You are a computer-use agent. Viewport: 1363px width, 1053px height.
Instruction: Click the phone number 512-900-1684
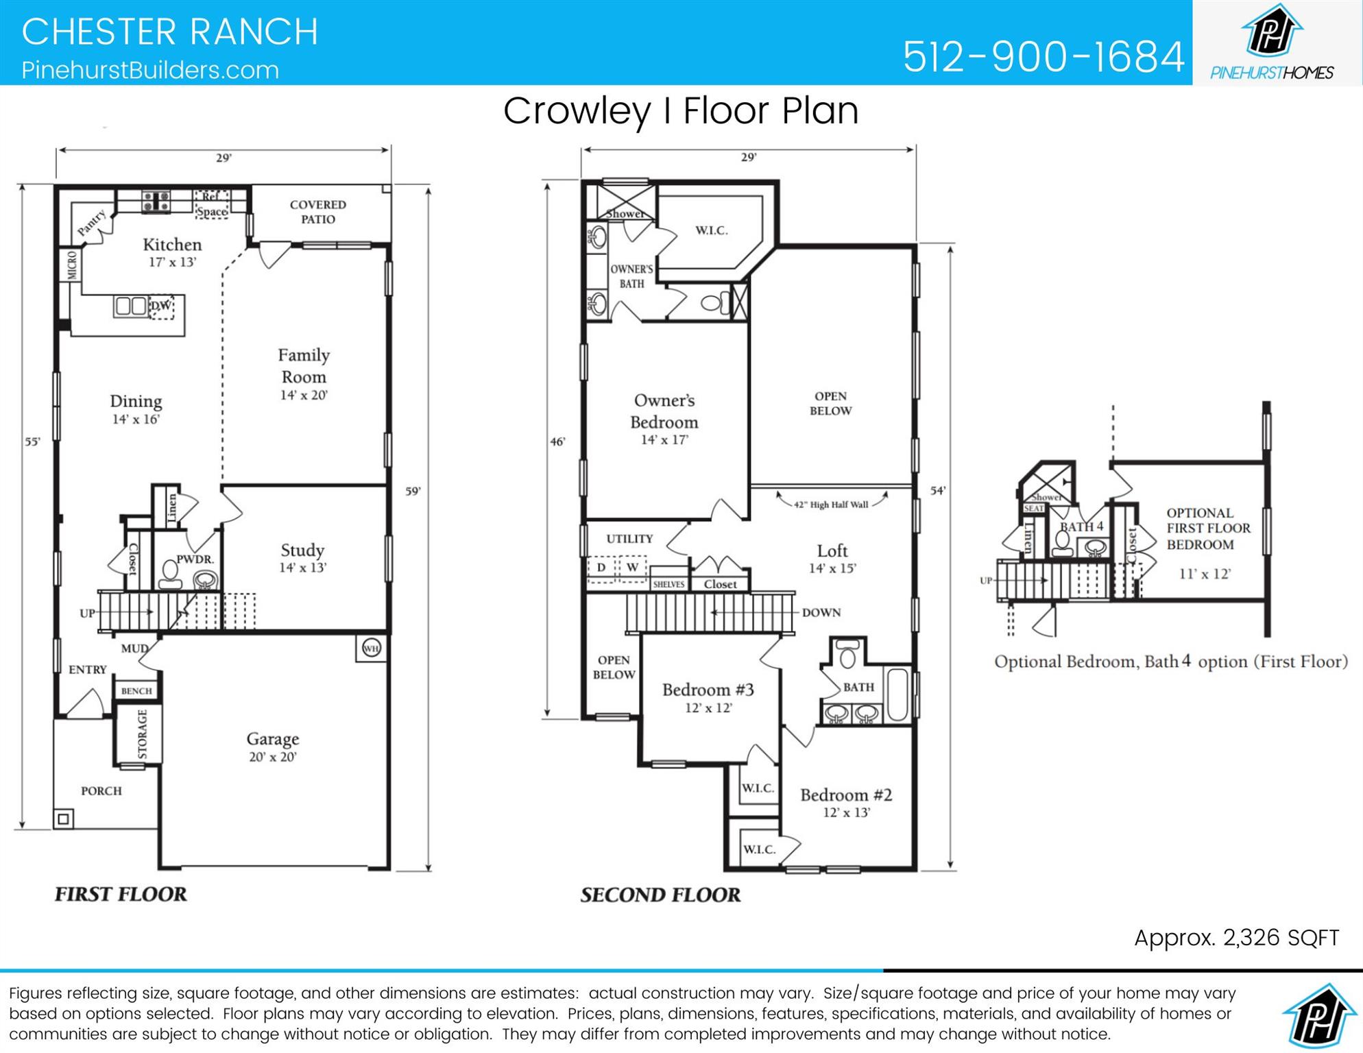(x=1043, y=56)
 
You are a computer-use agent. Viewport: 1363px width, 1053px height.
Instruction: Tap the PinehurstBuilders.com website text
(x=150, y=70)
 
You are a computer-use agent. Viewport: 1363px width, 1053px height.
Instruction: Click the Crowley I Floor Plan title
(x=680, y=110)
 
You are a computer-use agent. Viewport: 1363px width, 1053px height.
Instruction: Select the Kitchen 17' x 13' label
(x=172, y=252)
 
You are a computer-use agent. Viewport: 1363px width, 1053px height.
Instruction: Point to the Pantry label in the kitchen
(x=91, y=223)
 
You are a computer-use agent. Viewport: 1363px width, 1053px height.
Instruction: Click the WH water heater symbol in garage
(x=371, y=648)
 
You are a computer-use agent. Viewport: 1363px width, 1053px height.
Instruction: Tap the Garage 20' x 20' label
(x=272, y=747)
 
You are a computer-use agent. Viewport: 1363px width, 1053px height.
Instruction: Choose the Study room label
(x=302, y=557)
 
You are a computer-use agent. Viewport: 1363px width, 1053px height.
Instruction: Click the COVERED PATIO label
(x=317, y=212)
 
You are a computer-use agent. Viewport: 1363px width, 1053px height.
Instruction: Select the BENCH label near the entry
(x=136, y=691)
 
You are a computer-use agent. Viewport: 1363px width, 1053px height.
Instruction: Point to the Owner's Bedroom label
(x=664, y=418)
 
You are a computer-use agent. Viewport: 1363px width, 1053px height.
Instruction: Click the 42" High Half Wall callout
(x=831, y=505)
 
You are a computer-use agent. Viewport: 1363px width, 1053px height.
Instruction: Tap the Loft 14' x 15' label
(x=832, y=558)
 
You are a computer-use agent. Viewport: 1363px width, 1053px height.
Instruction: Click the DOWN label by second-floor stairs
(x=821, y=612)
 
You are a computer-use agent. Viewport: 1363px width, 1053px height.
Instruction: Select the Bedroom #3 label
(x=708, y=697)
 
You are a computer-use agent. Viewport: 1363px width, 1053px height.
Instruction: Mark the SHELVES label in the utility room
(x=668, y=584)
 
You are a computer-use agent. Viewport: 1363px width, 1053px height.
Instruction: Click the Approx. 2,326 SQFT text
(x=1236, y=938)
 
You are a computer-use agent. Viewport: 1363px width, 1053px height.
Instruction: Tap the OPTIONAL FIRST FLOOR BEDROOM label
(x=1208, y=529)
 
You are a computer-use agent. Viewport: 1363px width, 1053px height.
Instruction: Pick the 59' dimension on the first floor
(x=413, y=491)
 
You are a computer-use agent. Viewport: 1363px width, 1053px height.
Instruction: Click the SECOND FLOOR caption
(x=660, y=895)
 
